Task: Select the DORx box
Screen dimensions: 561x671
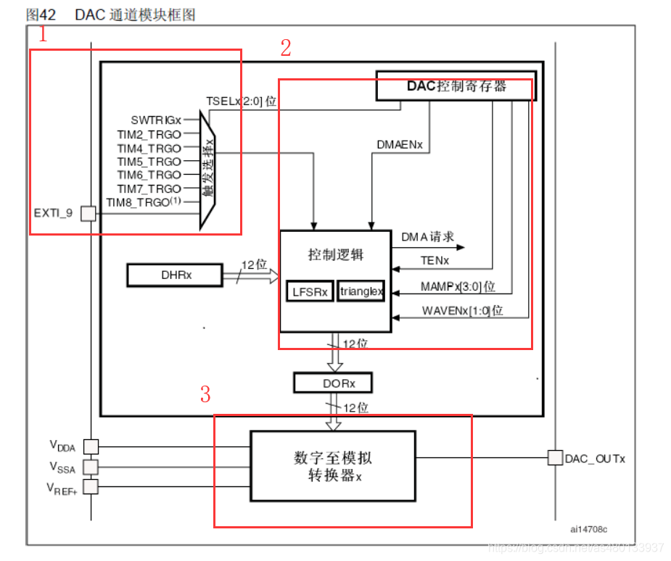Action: [333, 382]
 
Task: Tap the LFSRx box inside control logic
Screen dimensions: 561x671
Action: [310, 291]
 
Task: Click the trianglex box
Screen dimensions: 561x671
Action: [361, 291]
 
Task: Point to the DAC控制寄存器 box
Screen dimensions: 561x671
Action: [456, 86]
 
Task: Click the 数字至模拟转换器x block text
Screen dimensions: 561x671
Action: [333, 466]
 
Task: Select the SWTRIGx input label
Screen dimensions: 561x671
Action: [156, 120]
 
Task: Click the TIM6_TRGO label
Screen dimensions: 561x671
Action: [149, 175]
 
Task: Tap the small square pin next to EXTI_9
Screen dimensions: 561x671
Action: [88, 213]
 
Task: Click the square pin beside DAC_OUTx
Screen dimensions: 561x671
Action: [555, 457]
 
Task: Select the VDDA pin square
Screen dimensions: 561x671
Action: [91, 446]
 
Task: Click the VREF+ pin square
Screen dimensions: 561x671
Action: [91, 486]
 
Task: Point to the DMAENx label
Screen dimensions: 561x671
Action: [399, 144]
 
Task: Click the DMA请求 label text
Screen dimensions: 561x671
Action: [428, 236]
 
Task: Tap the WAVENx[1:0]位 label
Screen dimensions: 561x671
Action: [463, 310]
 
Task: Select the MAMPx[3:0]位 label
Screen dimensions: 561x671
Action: [458, 287]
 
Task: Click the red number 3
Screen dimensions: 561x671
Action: [206, 394]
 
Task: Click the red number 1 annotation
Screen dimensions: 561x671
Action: [43, 34]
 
